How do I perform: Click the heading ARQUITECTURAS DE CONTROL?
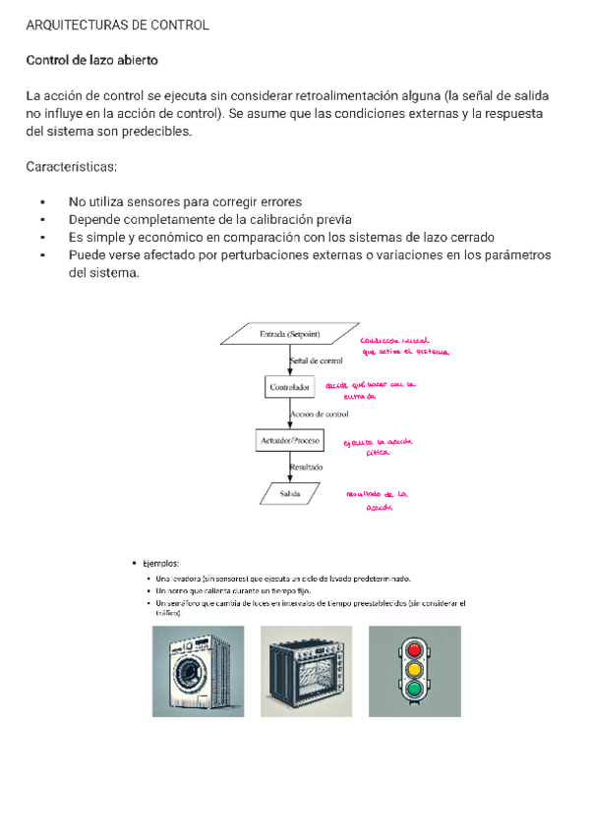[117, 26]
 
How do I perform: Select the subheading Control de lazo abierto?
[91, 61]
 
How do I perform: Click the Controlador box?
[290, 388]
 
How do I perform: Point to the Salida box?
[290, 493]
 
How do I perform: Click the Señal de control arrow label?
[317, 361]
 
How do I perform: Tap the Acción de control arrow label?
[321, 415]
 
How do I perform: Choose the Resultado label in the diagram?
[307, 468]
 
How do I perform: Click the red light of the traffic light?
[414, 649]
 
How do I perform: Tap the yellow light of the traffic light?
[414, 669]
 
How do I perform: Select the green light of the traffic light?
[414, 689]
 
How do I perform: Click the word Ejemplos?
[160, 564]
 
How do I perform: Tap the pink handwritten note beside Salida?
[376, 501]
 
